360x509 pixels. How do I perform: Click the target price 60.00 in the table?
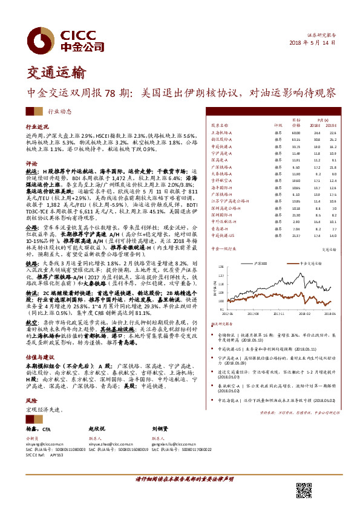pos(296,132)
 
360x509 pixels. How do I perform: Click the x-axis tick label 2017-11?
pos(279,314)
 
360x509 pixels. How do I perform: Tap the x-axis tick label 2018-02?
pos(306,314)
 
